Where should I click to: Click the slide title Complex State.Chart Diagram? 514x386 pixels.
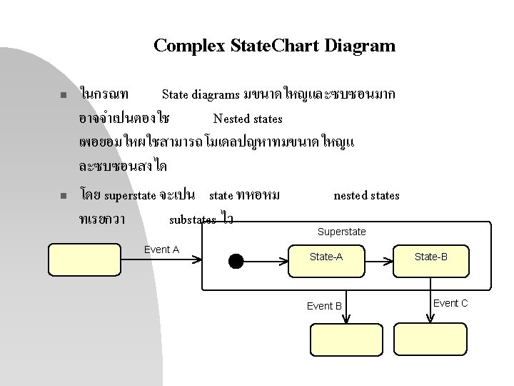click(274, 46)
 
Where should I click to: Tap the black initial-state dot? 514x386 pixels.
click(236, 261)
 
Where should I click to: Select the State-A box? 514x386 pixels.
click(326, 257)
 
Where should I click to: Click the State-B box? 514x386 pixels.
click(431, 257)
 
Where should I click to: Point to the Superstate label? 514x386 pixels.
click(341, 232)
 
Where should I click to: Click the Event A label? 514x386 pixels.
click(161, 249)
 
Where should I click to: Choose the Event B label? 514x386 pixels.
click(324, 306)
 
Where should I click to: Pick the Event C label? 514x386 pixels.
click(450, 303)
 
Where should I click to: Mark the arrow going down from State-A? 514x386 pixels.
click(346, 304)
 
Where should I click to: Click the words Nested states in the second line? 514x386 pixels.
click(248, 119)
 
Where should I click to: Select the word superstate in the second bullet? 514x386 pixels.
click(130, 195)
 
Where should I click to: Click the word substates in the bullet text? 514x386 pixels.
click(192, 219)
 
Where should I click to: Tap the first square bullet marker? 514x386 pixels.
click(63, 95)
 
